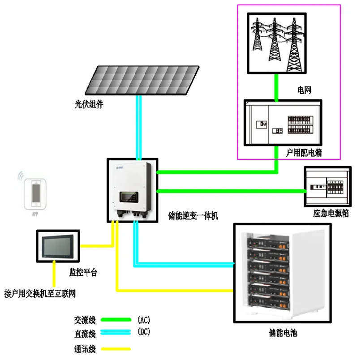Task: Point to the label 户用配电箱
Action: click(304, 153)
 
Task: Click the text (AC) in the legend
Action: click(144, 320)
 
